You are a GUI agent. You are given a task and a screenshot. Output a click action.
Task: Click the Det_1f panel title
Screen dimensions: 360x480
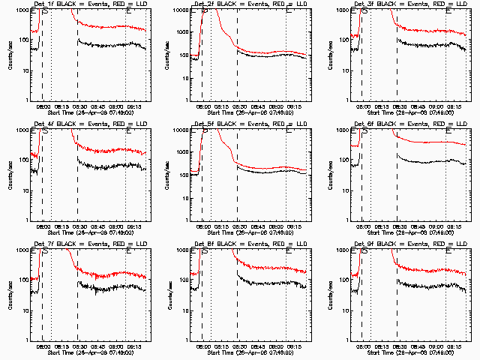(x=90, y=5)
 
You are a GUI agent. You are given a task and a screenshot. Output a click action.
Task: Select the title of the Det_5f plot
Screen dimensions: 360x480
(x=250, y=125)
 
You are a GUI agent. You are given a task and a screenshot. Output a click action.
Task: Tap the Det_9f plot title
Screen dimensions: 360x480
(x=409, y=245)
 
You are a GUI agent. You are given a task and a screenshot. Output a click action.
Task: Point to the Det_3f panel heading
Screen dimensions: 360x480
(x=409, y=5)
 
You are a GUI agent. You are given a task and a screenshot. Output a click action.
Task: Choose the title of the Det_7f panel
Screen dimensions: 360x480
(x=90, y=245)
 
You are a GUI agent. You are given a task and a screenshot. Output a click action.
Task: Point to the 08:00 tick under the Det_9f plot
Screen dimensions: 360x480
(x=361, y=345)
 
